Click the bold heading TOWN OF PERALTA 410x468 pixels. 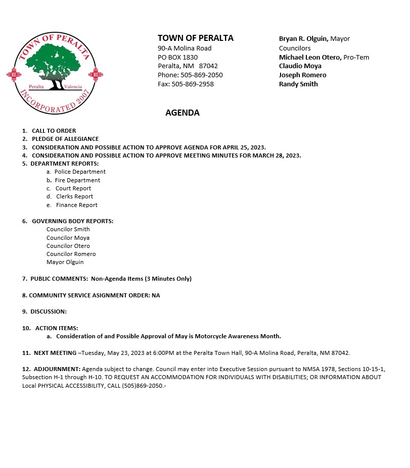coord(196,38)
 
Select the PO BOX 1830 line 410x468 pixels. coord(177,57)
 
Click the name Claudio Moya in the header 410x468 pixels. coord(300,66)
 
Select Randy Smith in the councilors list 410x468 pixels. coord(298,84)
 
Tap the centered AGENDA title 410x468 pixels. coord(183,113)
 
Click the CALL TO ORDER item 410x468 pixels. coord(54,131)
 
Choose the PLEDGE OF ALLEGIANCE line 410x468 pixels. coord(65,139)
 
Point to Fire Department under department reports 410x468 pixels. coord(77,180)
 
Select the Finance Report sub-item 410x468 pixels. coord(76,205)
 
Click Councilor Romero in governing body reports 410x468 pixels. coord(71,254)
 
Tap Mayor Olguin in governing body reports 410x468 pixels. coord(65,262)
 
